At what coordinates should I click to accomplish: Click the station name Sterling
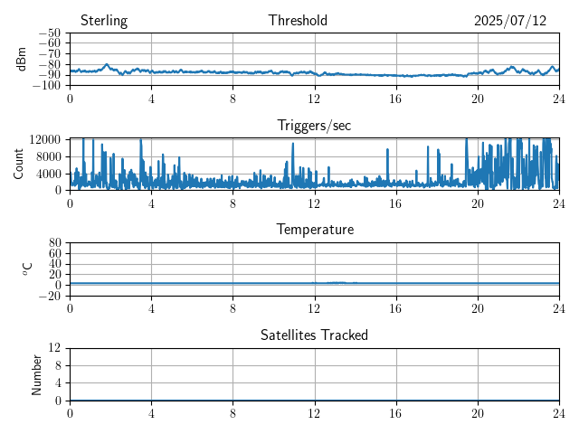tap(104, 21)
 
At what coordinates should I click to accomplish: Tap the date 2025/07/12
tap(510, 21)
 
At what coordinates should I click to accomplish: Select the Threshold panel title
tap(298, 20)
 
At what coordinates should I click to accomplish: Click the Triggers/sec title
tap(314, 126)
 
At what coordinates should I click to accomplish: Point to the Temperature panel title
tap(315, 230)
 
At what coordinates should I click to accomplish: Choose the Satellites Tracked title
tap(314, 335)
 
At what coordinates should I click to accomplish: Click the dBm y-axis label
tap(21, 59)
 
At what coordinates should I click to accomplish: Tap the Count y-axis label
tap(18, 165)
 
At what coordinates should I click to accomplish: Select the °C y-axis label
tap(27, 269)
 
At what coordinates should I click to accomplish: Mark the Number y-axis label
tap(36, 375)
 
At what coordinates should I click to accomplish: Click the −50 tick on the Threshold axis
tap(50, 33)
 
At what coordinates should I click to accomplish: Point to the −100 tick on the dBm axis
tap(47, 85)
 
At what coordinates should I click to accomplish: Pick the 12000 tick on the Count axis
tap(45, 139)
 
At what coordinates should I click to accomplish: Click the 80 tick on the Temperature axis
tap(54, 242)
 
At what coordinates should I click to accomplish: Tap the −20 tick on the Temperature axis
tap(50, 296)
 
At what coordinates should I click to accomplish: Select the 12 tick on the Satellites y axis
tap(54, 347)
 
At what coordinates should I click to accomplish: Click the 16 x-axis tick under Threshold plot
tap(396, 99)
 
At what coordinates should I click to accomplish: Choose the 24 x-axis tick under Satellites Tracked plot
tap(559, 413)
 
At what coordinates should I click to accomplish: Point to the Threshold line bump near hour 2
tap(107, 67)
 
